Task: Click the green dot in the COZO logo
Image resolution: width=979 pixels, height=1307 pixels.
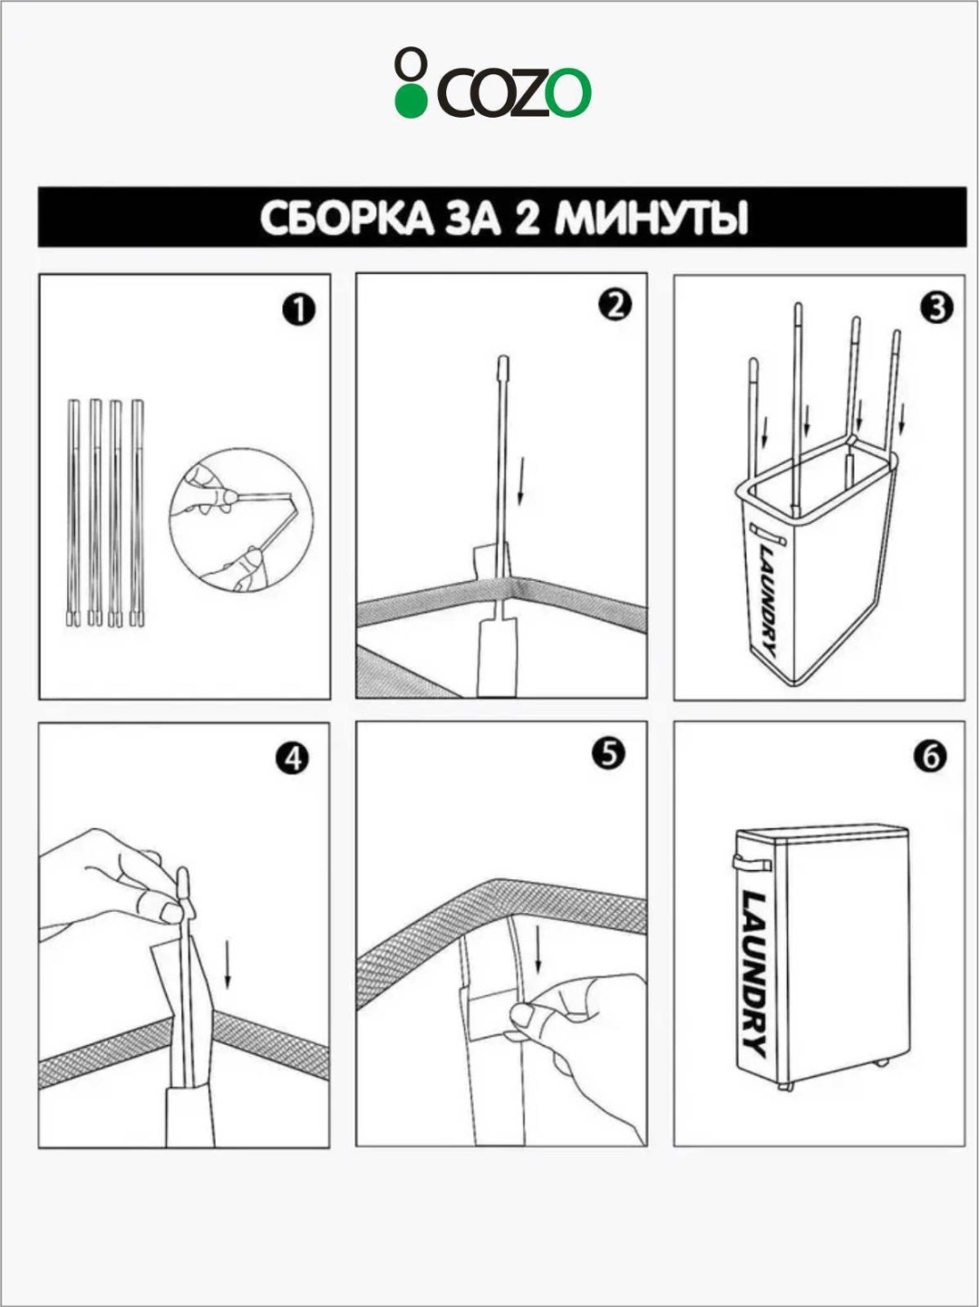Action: [412, 102]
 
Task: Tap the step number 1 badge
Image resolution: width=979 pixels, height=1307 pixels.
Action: [299, 311]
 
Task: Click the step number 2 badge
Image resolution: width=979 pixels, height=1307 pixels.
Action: [616, 306]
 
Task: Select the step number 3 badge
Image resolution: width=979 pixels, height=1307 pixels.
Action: [936, 307]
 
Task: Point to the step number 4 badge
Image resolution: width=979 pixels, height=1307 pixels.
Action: [292, 759]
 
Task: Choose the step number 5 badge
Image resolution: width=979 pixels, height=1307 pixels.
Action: [608, 754]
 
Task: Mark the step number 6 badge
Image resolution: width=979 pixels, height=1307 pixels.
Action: [931, 757]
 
